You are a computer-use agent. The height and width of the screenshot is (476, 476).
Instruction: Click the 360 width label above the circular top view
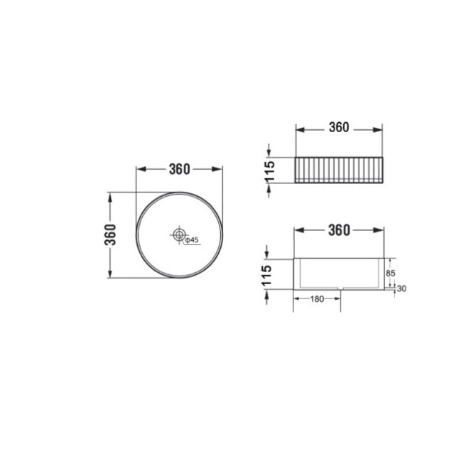(x=180, y=169)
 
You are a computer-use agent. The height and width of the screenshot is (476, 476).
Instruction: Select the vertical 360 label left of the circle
(x=110, y=234)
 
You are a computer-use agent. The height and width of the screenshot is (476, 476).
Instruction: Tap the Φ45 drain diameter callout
(x=192, y=240)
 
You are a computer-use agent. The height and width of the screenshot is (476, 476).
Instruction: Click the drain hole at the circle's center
(x=179, y=234)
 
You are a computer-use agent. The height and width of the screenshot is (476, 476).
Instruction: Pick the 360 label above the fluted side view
(x=339, y=127)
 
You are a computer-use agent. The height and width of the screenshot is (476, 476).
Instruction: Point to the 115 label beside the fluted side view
(x=269, y=172)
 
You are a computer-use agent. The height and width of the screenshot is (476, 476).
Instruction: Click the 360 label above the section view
(x=339, y=230)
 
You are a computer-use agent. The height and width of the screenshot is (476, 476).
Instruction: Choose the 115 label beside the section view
(x=267, y=276)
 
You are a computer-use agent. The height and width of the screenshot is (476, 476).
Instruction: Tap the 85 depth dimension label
(x=391, y=274)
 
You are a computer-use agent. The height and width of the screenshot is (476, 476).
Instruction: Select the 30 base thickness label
(x=401, y=288)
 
